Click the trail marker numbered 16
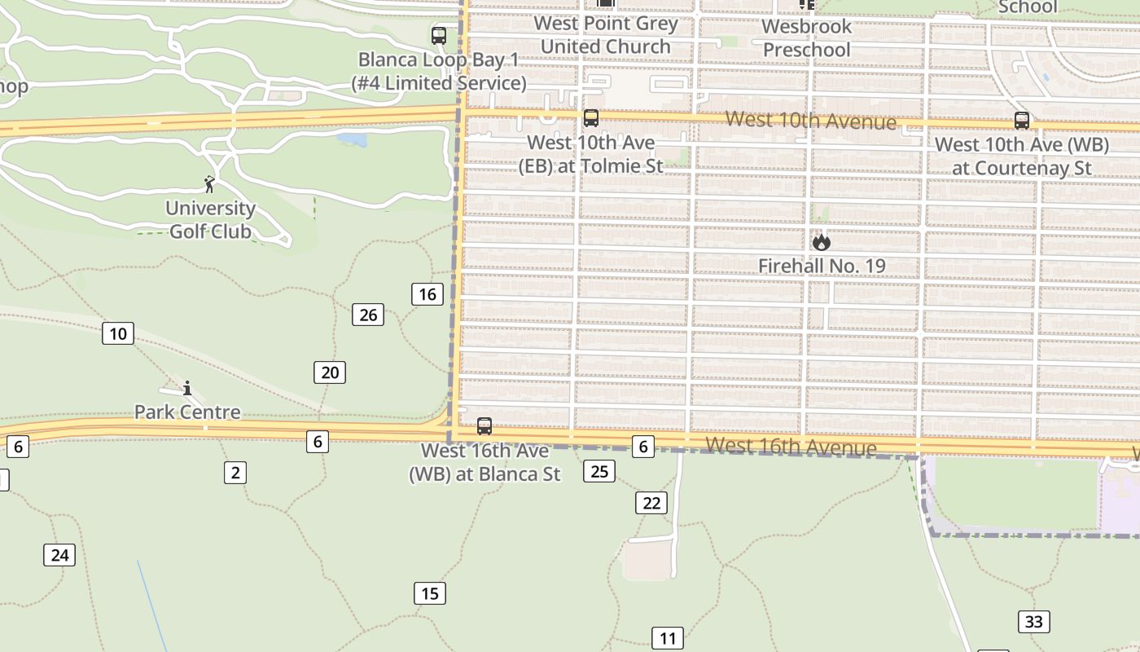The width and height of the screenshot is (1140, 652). point(427,294)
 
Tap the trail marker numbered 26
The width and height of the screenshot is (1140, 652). point(368,315)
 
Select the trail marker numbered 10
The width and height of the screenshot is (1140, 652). point(118,333)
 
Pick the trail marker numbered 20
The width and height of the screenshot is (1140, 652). point(330,372)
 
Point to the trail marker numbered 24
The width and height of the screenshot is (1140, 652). point(59,555)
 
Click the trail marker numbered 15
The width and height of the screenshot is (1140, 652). point(430,593)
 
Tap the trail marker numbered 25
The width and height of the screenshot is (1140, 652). point(599,471)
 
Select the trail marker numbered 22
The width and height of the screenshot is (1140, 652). point(651,503)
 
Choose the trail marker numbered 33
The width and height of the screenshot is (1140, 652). point(1033,622)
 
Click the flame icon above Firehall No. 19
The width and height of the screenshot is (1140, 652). point(821,242)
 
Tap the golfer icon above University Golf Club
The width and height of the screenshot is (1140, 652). point(209,184)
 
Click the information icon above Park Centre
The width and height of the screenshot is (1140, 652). point(187,388)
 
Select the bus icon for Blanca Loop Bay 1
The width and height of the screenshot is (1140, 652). point(439,36)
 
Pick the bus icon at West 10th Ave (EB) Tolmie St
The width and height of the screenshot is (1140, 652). point(591,118)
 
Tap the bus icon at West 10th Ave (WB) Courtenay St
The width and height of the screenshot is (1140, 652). point(1022,121)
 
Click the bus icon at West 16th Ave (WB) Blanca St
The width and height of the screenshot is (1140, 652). point(484,426)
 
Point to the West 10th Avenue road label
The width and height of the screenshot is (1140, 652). point(810,121)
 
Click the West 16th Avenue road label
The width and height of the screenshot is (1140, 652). point(791,447)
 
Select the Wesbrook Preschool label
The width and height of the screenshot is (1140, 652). point(807,37)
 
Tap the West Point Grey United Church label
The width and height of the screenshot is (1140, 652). point(606,35)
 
